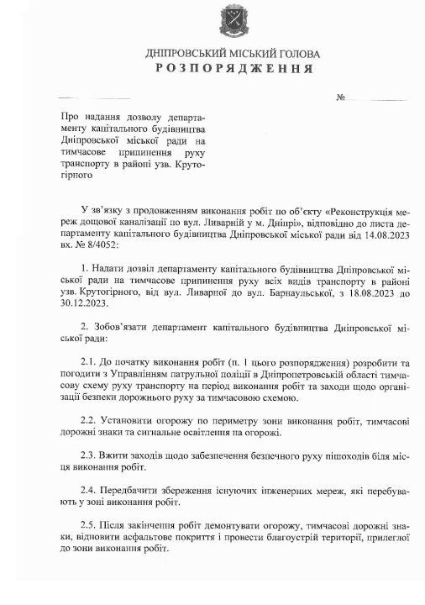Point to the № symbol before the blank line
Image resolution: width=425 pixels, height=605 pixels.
[342, 98]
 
